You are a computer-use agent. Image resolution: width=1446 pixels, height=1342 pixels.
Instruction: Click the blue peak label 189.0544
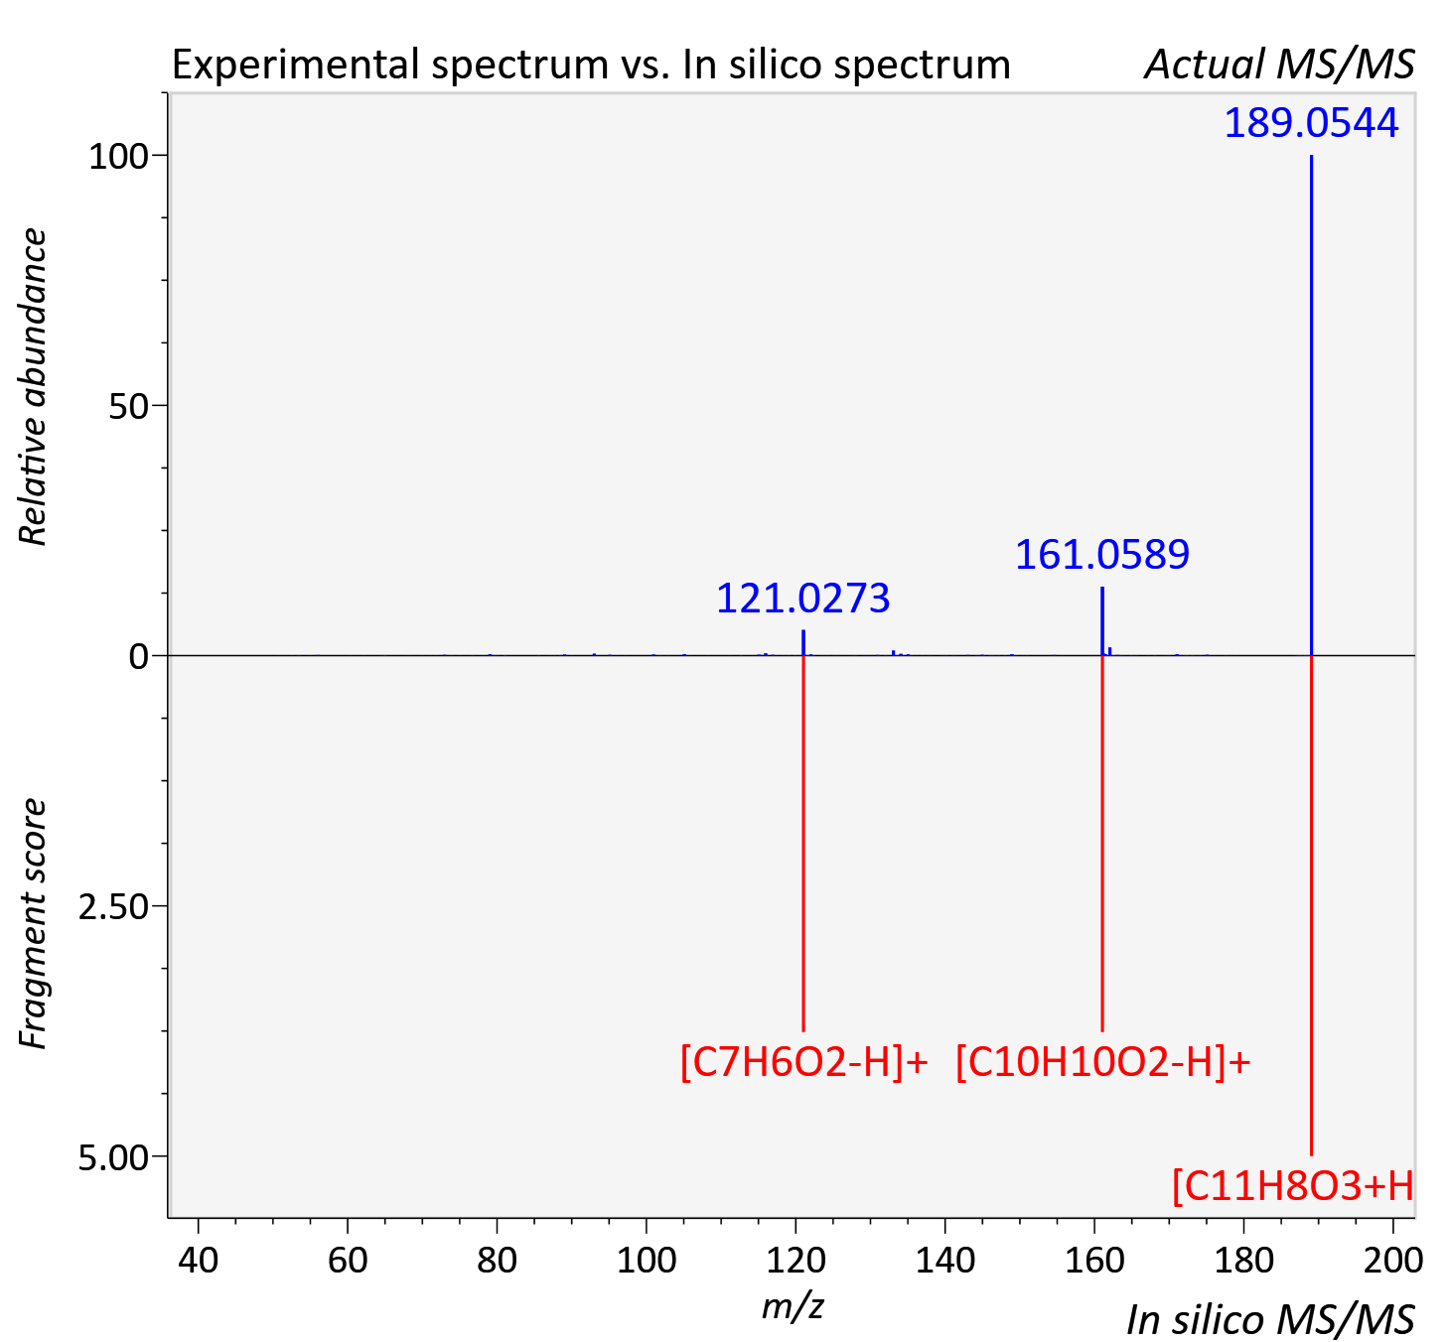click(x=1311, y=123)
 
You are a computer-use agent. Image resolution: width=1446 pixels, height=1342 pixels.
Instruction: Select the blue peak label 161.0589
click(x=1102, y=555)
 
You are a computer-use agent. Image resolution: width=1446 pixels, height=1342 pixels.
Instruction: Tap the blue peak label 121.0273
click(x=803, y=599)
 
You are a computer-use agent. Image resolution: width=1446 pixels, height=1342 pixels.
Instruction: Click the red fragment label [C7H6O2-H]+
click(x=803, y=1062)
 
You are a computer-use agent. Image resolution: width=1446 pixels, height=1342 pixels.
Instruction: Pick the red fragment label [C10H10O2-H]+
click(x=1102, y=1062)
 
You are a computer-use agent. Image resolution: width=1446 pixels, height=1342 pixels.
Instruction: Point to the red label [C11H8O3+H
click(x=1293, y=1186)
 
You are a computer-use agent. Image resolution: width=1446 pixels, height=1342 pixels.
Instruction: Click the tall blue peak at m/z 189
click(x=1311, y=405)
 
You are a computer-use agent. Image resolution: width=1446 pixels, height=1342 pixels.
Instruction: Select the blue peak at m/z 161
click(x=1102, y=620)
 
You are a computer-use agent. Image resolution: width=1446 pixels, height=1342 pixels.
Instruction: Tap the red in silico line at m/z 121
click(x=803, y=844)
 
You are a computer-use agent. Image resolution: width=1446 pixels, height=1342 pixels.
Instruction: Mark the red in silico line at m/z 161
click(x=1102, y=844)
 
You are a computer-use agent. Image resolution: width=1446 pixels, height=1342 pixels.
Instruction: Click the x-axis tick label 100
click(x=646, y=1260)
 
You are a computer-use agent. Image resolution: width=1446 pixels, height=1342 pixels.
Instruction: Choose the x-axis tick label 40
click(x=198, y=1260)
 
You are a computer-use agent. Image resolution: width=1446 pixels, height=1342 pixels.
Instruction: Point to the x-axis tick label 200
click(x=1392, y=1260)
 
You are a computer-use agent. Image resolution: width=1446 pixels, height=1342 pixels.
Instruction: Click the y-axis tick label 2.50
click(x=113, y=907)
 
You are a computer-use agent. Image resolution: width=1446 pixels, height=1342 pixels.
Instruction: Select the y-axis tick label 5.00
click(x=113, y=1157)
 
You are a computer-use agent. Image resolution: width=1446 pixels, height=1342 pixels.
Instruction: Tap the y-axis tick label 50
click(x=128, y=406)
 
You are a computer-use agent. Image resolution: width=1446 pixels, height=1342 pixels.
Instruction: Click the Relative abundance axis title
click(x=33, y=386)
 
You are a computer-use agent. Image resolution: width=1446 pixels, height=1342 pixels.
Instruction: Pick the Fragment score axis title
click(x=33, y=923)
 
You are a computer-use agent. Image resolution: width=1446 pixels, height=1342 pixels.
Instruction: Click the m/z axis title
click(x=793, y=1306)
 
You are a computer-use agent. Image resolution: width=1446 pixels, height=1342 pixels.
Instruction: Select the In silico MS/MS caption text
click(x=1270, y=1320)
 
